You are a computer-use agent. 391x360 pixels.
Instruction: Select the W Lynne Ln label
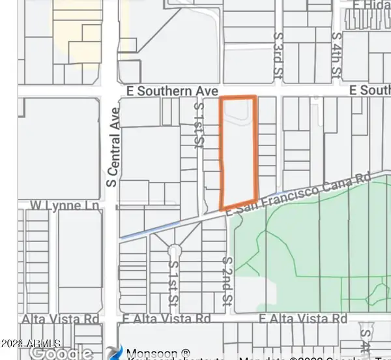[x=65, y=206]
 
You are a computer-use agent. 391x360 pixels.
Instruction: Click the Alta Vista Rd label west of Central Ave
[x=60, y=319]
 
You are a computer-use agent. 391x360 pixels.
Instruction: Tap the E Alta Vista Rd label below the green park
[x=303, y=319]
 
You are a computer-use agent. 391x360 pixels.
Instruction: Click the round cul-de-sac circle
[x=173, y=251]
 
